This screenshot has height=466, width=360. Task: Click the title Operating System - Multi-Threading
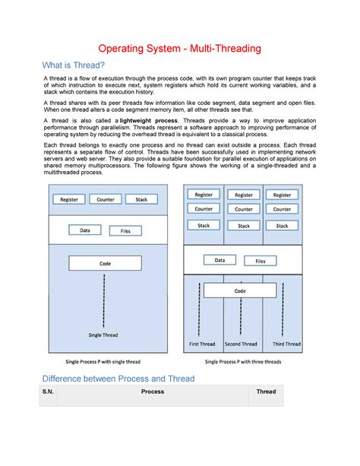tap(180, 49)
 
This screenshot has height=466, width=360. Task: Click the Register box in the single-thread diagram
tap(68, 199)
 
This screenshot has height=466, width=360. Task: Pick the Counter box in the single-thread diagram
tap(105, 199)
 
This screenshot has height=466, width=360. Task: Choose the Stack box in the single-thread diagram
tap(141, 199)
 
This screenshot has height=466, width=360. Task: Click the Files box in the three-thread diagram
tap(260, 261)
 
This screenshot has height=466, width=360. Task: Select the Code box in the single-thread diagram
tap(105, 264)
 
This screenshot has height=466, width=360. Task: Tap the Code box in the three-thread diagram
tap(240, 290)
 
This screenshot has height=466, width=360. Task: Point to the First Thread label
tap(202, 344)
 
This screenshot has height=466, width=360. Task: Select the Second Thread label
tap(241, 344)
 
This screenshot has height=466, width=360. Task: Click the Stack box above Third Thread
tap(282, 226)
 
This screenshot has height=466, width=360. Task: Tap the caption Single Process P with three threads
tap(243, 362)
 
